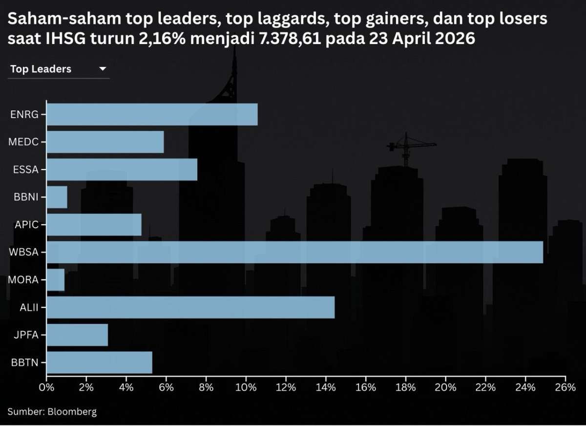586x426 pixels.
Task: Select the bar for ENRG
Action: (x=152, y=114)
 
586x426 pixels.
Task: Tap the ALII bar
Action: (x=190, y=307)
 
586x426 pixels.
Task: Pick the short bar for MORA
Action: (x=56, y=280)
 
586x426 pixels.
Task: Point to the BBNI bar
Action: (x=57, y=197)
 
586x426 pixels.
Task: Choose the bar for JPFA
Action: (x=77, y=335)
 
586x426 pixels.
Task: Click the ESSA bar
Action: (x=122, y=170)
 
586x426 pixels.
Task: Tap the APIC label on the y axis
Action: (x=27, y=225)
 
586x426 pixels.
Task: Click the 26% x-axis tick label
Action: (x=565, y=387)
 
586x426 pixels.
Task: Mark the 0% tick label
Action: (x=46, y=387)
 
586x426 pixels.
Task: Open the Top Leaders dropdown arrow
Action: (x=103, y=69)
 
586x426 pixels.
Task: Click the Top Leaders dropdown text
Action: (x=41, y=69)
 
